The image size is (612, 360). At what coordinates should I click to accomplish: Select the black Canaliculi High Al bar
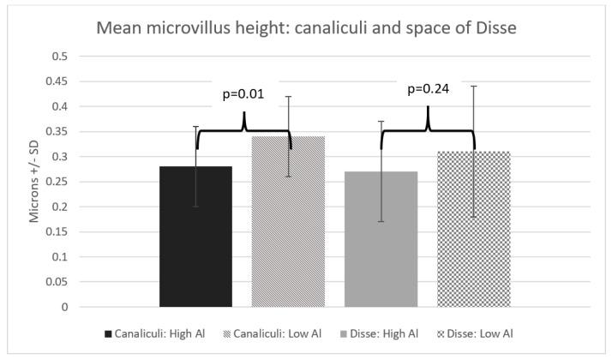point(195,249)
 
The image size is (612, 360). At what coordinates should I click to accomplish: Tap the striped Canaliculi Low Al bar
point(288,240)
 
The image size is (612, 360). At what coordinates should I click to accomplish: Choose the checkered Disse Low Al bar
point(473,249)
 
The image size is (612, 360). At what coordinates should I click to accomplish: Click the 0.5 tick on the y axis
point(59,57)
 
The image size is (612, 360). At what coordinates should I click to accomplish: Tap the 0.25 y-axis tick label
point(56,182)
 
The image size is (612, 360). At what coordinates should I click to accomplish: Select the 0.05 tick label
point(56,282)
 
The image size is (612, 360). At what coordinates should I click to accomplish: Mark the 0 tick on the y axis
point(64,307)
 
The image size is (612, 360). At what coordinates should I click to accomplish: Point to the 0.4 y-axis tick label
point(59,107)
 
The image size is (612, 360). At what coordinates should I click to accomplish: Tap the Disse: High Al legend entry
point(383,333)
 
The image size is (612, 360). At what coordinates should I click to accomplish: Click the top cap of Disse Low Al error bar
point(473,86)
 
